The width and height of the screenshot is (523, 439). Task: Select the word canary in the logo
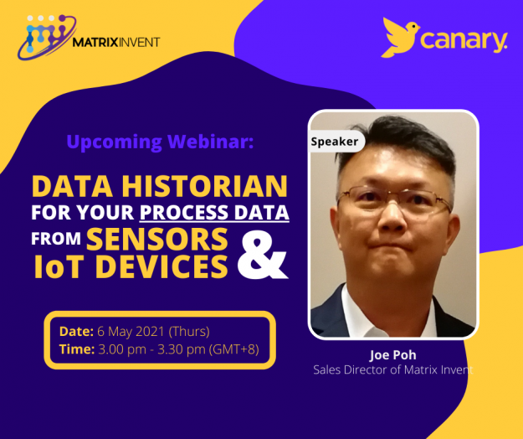(x=464, y=39)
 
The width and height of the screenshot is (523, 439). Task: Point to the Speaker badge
(x=335, y=142)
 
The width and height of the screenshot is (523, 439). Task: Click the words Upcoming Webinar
(x=159, y=142)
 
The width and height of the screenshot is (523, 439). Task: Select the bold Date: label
(x=76, y=330)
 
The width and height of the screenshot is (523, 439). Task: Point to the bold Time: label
(x=76, y=349)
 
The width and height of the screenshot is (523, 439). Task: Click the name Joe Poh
(x=392, y=354)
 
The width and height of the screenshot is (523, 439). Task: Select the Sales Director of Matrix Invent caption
(x=392, y=369)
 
